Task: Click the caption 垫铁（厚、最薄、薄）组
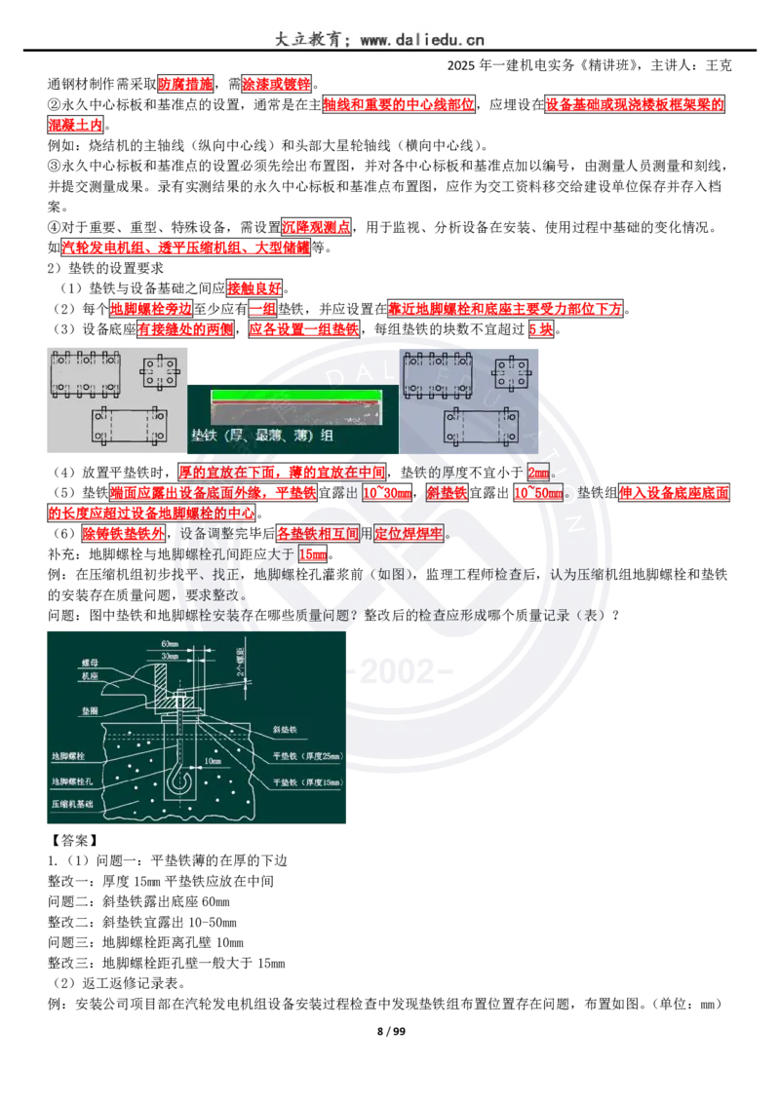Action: click(263, 436)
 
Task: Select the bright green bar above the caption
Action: click(292, 396)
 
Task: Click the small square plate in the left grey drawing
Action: click(162, 373)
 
